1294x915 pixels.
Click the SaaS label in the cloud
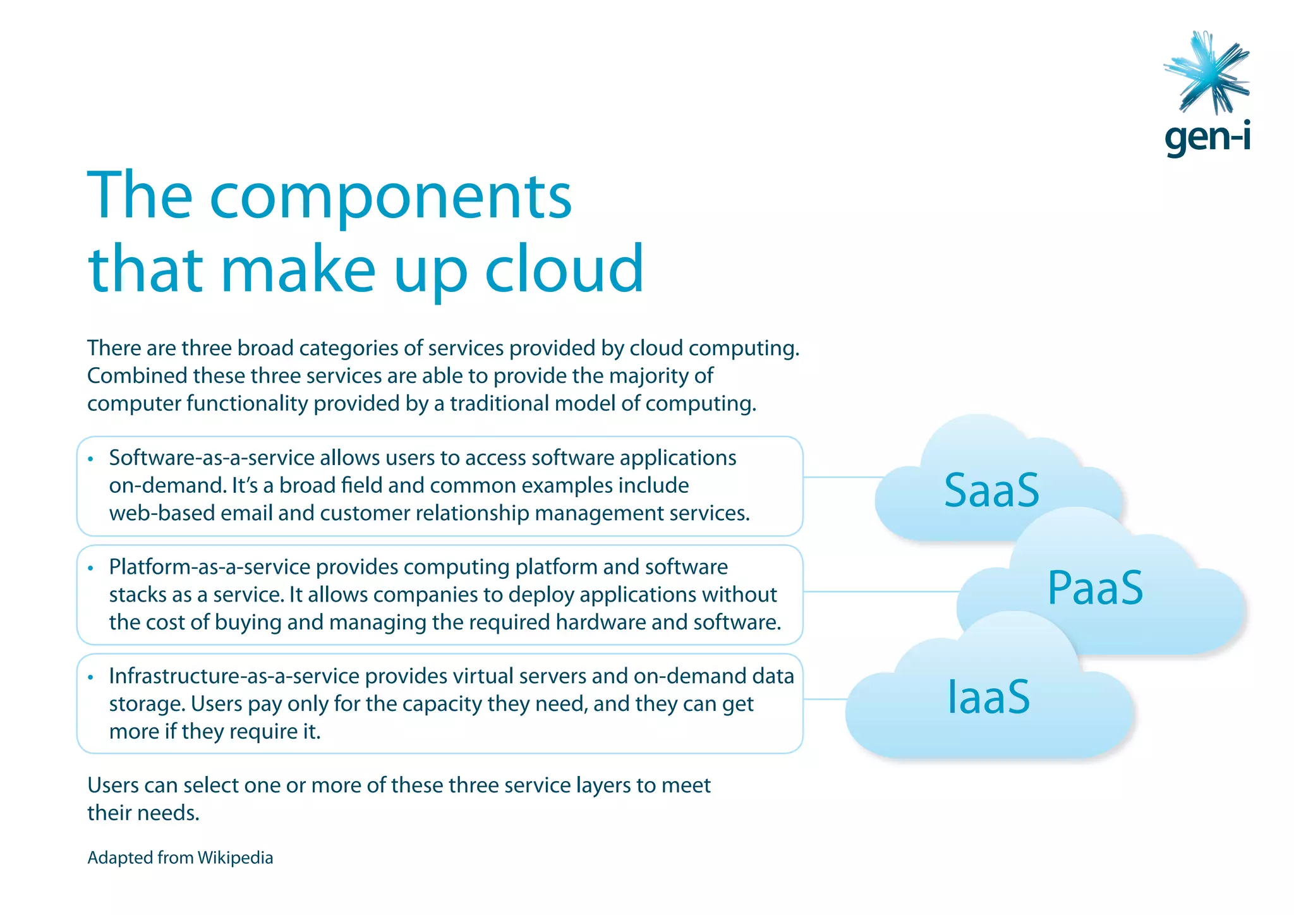click(x=991, y=491)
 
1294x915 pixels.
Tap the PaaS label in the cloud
click(x=1095, y=589)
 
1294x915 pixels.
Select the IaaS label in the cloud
click(x=988, y=698)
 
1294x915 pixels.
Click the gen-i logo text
click(x=1207, y=137)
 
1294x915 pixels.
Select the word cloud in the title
click(x=564, y=270)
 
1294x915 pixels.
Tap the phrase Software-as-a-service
click(x=212, y=458)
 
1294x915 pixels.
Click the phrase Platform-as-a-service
click(x=209, y=567)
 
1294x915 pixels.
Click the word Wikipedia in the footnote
click(x=235, y=858)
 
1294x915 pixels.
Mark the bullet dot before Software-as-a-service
click(x=91, y=459)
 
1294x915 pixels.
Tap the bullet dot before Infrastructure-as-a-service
click(x=91, y=677)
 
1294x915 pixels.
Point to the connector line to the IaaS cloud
click(x=825, y=699)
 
